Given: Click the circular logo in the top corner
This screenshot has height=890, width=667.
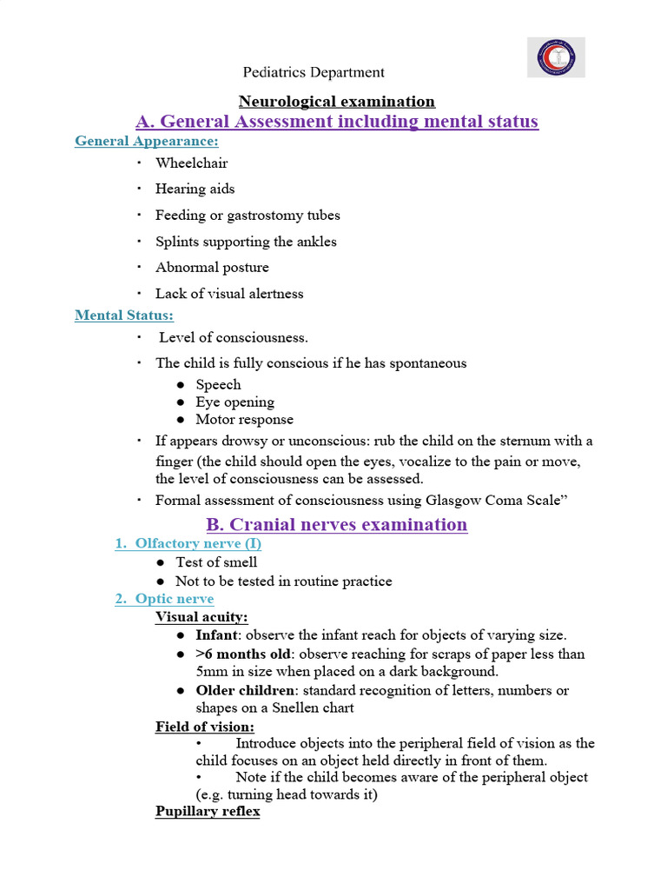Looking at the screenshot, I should pos(557,57).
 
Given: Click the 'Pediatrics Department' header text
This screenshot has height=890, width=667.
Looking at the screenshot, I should pos(314,72).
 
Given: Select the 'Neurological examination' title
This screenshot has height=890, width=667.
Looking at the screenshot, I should pos(337,102).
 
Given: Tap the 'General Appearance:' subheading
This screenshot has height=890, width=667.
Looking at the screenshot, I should pos(147,141).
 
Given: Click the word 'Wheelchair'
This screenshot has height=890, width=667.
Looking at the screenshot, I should pos(192,163).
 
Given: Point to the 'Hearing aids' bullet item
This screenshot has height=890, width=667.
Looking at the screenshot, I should pos(195,189).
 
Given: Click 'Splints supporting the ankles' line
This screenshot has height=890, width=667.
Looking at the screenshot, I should pos(246,242).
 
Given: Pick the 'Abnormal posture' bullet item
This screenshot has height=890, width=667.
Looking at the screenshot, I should pos(212,267).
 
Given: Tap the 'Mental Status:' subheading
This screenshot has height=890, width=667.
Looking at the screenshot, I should pos(124,315).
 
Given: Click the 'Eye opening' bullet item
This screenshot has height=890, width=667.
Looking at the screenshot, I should pos(234,402).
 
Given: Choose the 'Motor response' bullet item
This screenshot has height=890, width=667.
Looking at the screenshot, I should pos(244,420).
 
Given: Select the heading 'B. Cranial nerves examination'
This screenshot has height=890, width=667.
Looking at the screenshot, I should pos(336,524).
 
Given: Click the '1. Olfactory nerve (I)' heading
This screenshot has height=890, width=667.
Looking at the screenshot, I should pos(188,543).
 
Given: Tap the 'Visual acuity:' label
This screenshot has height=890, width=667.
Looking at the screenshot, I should pos(201,617).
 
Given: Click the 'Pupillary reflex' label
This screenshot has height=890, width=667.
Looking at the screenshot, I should pos(208,812).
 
